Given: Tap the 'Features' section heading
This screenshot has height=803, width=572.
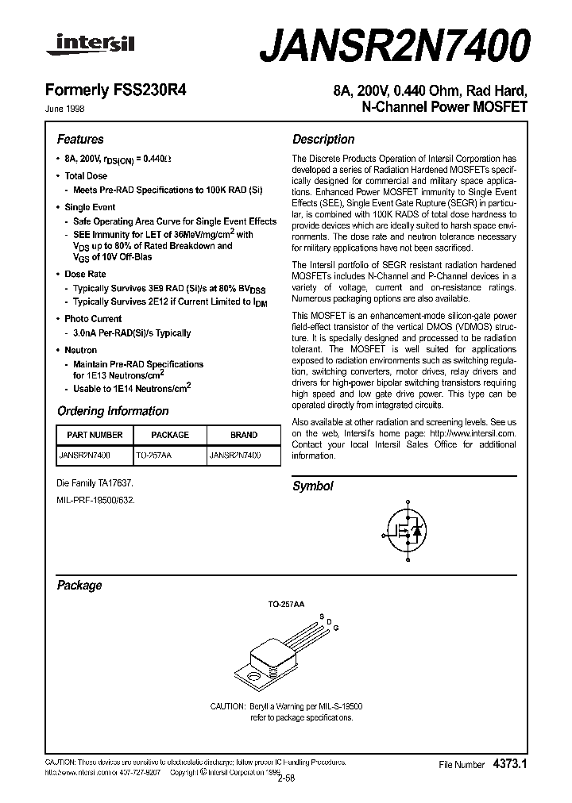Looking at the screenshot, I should coord(80,140).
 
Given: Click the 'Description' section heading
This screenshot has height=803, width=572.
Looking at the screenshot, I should coord(323,140).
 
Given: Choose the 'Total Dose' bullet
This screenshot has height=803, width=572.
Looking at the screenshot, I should coord(86,176).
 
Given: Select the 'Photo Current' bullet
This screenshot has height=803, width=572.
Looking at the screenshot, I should coord(93,319).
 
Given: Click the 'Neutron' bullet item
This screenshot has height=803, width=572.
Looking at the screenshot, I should coord(81,350).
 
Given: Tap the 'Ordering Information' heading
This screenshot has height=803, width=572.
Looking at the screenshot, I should coord(113,411).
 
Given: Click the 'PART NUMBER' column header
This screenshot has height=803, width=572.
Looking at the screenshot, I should coord(95,435).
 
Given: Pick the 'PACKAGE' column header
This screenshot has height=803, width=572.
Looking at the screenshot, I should coord(169,435).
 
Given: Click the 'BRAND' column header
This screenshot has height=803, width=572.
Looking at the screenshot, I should coord(243,435).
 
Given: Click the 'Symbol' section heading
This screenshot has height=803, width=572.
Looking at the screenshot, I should coord(313,486).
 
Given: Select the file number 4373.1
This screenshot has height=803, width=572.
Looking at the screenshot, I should coord(508,764).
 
